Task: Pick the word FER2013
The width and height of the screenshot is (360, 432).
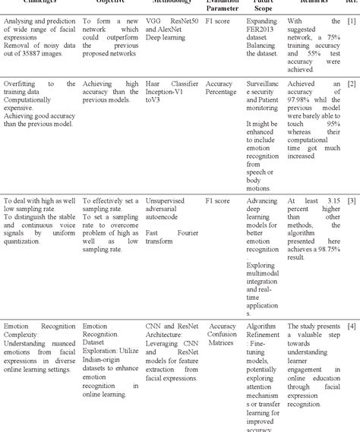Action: tap(261, 30)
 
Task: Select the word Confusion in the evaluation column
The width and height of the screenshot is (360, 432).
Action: tap(223, 334)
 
